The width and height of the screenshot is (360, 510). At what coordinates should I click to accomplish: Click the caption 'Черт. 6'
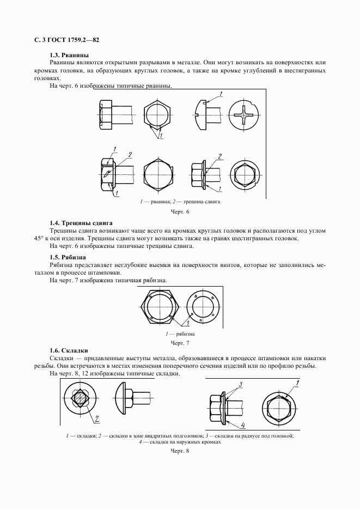(180, 211)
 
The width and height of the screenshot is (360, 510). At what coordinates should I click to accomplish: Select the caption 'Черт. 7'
(180, 343)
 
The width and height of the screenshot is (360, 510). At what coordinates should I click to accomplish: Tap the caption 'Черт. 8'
(180, 452)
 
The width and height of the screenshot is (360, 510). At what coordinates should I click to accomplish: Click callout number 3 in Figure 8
(240, 385)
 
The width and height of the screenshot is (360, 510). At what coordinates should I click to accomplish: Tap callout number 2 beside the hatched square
(97, 419)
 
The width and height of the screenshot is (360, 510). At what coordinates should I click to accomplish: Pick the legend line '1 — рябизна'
(180, 333)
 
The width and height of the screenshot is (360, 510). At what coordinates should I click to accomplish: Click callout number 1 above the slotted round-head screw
(222, 94)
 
